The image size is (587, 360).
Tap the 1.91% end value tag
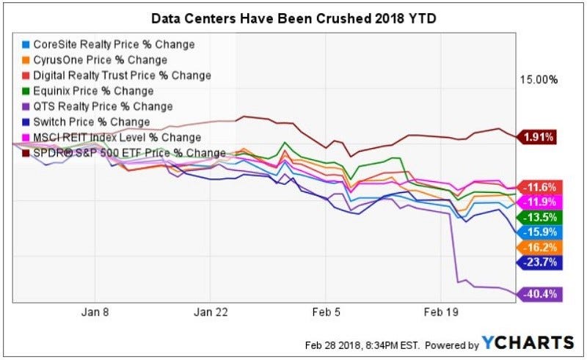tap(539, 136)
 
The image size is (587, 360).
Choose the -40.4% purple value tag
tap(541, 294)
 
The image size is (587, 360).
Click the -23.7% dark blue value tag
tap(541, 262)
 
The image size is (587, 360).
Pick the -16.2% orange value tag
tap(541, 247)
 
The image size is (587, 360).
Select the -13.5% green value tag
tap(541, 217)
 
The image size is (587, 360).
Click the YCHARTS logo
tap(528, 343)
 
